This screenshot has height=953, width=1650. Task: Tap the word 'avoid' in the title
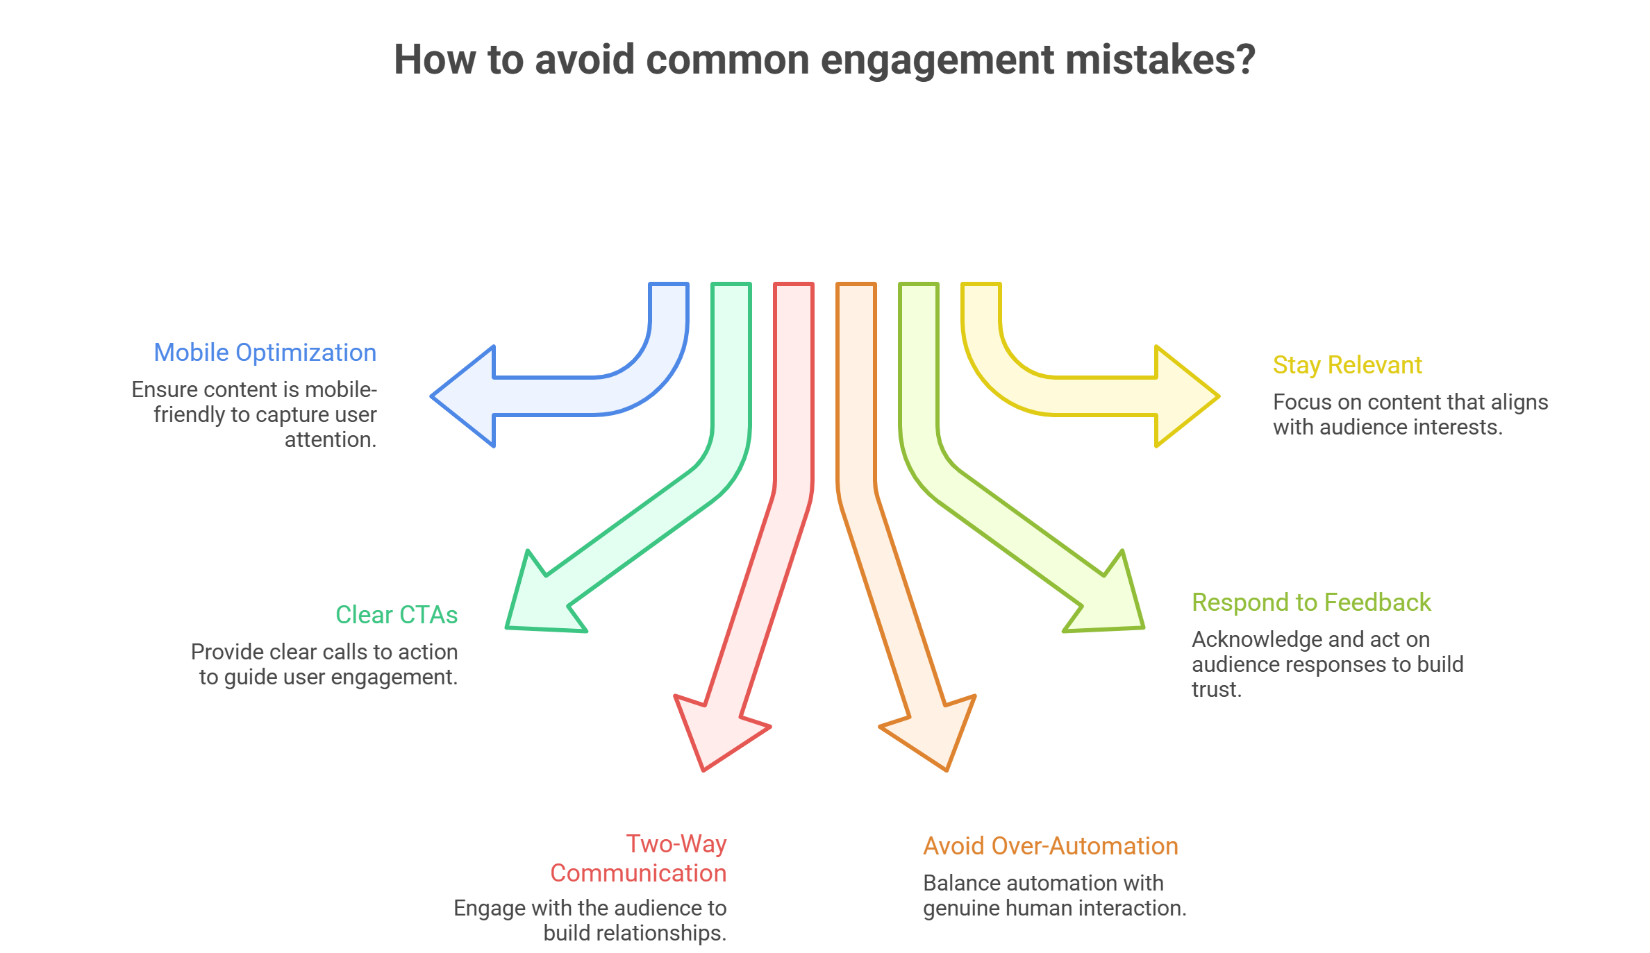click(585, 60)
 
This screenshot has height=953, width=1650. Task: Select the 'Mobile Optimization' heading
click(265, 353)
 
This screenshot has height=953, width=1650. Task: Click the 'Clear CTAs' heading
click(396, 615)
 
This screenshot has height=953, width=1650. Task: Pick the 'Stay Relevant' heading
click(1347, 365)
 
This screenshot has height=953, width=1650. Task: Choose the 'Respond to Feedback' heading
click(1310, 602)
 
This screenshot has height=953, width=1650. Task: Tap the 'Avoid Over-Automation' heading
click(1050, 846)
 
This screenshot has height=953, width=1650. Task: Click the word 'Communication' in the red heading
click(637, 873)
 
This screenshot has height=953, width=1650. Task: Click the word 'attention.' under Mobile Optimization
click(330, 440)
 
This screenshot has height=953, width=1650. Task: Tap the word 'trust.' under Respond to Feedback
click(1216, 690)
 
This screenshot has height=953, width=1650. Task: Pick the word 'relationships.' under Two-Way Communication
click(634, 934)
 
